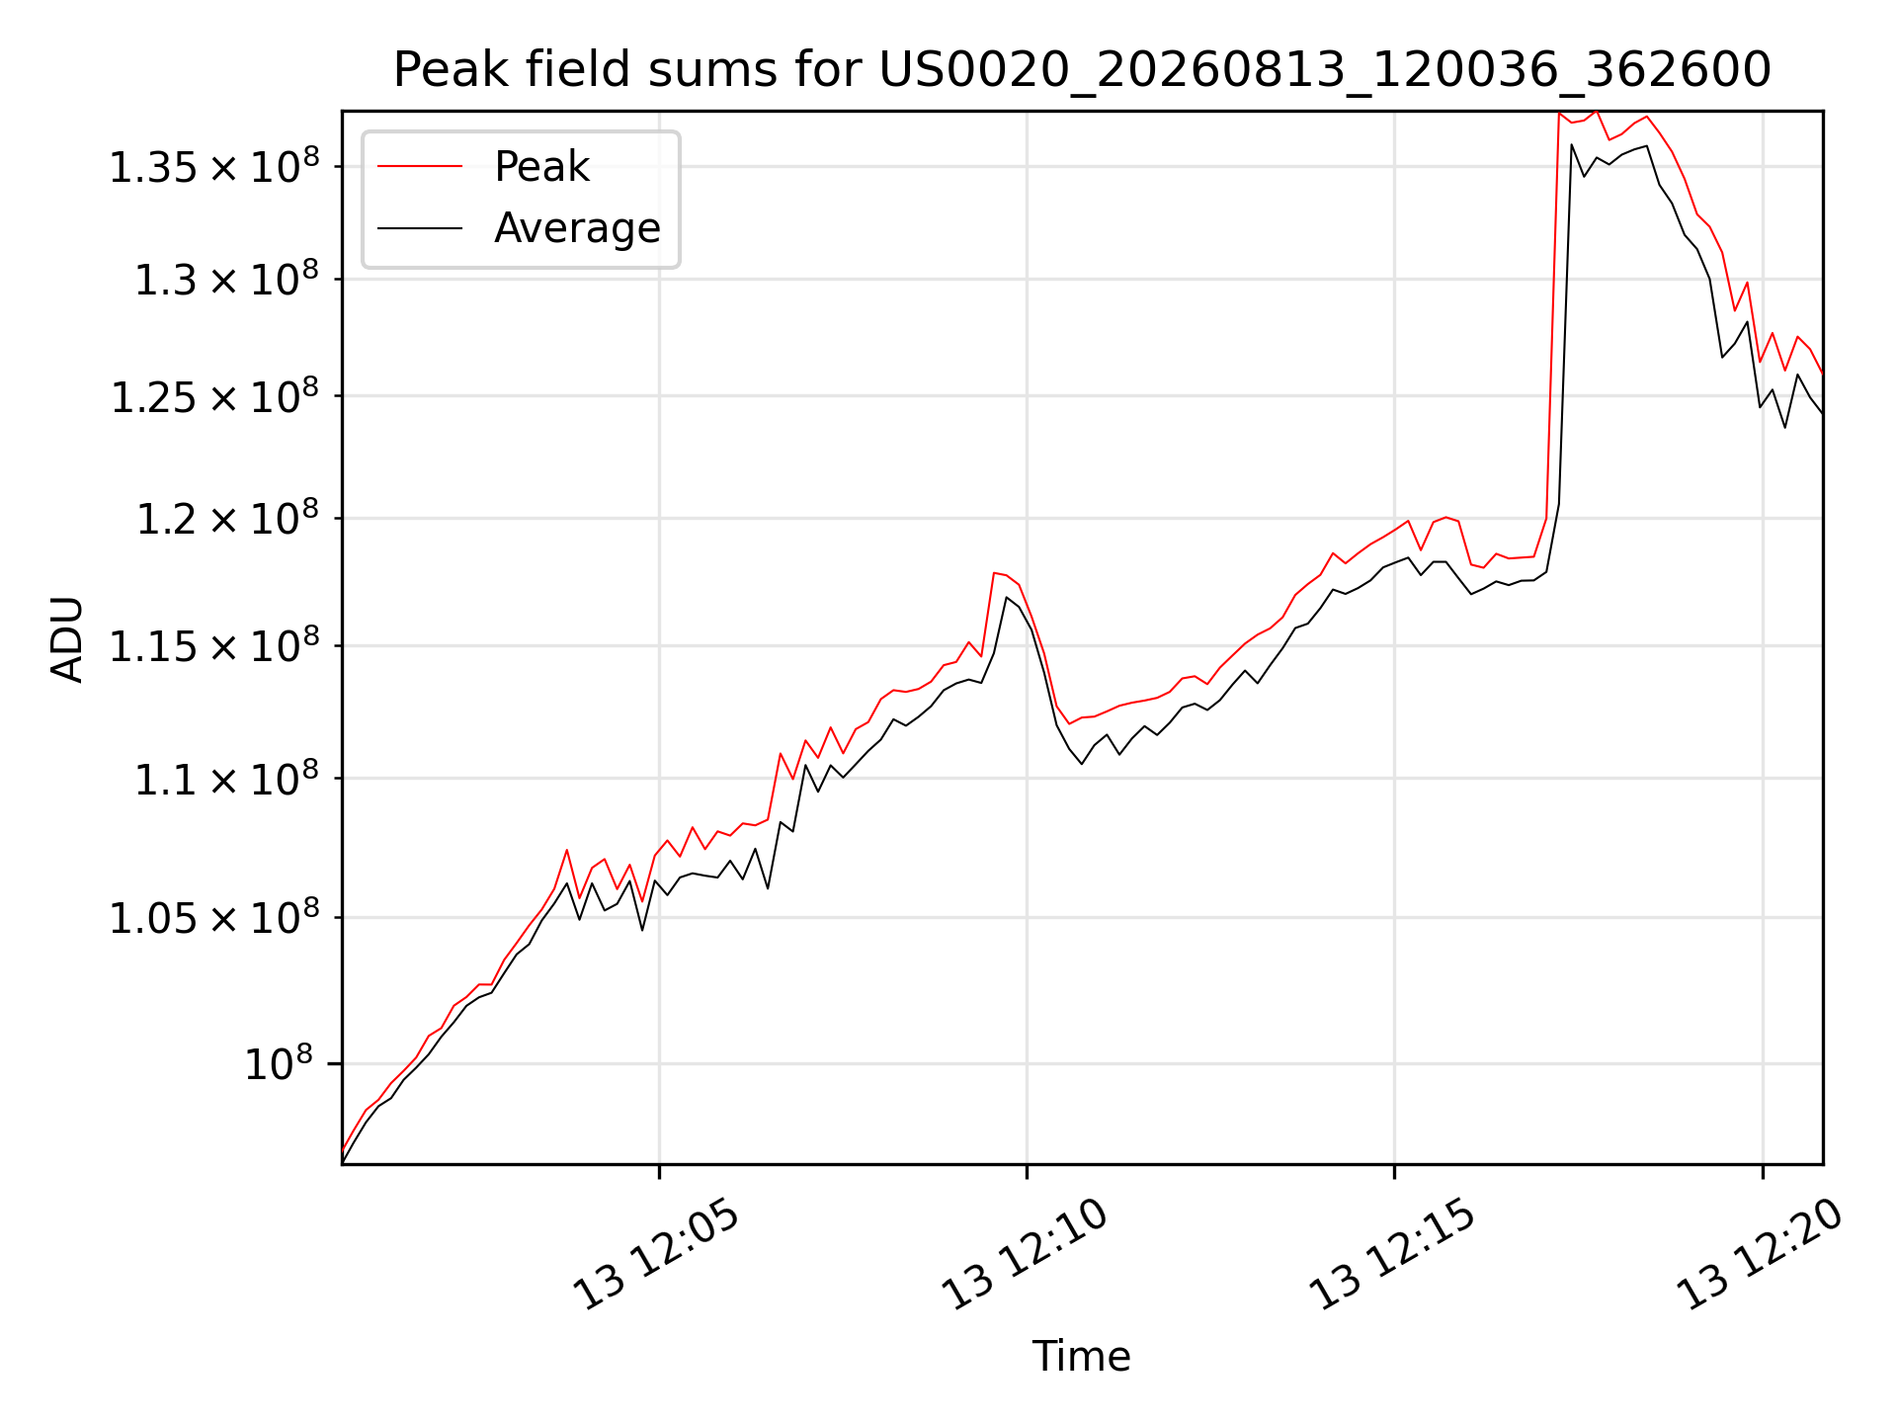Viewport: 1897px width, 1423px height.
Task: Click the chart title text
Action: (x=1082, y=70)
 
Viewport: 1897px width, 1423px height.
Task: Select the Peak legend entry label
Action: (x=541, y=167)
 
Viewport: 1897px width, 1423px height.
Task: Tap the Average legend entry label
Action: (x=577, y=228)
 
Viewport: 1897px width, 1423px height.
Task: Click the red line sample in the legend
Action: (x=420, y=167)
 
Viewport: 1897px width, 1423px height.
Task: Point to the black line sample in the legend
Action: (x=420, y=228)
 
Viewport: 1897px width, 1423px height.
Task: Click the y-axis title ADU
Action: (x=67, y=639)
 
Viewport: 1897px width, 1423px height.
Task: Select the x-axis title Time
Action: (x=1082, y=1356)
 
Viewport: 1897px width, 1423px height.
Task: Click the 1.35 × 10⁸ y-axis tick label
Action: (x=214, y=166)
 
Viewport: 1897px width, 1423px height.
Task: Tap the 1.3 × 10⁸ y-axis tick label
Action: (x=227, y=280)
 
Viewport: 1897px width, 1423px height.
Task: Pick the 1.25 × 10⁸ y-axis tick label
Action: (x=214, y=396)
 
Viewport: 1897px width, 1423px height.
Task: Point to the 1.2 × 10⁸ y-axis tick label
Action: (x=227, y=519)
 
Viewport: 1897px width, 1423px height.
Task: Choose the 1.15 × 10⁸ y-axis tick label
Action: (x=214, y=646)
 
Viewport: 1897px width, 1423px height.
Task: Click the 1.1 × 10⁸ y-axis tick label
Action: (x=227, y=779)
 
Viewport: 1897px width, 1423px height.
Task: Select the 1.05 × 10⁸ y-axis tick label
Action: (x=214, y=918)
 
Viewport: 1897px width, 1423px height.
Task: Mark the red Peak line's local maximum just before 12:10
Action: (x=994, y=573)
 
